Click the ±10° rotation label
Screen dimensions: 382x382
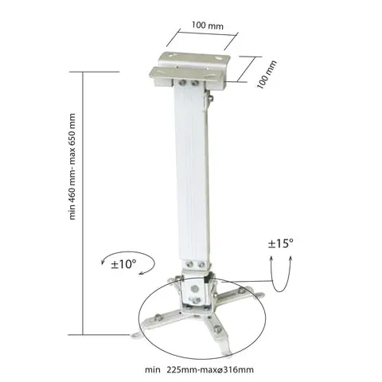(x=123, y=264)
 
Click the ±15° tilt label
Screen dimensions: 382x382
(x=281, y=244)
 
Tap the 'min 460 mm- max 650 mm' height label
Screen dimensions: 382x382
(x=72, y=166)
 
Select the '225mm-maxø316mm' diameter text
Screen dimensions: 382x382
(x=210, y=369)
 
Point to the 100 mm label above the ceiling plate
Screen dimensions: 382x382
(x=208, y=25)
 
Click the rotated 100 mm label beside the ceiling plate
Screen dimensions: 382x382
(x=267, y=75)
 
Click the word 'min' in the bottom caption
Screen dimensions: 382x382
(x=153, y=369)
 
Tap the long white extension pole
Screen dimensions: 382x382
(x=192, y=170)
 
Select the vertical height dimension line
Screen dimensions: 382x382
(x=83, y=203)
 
